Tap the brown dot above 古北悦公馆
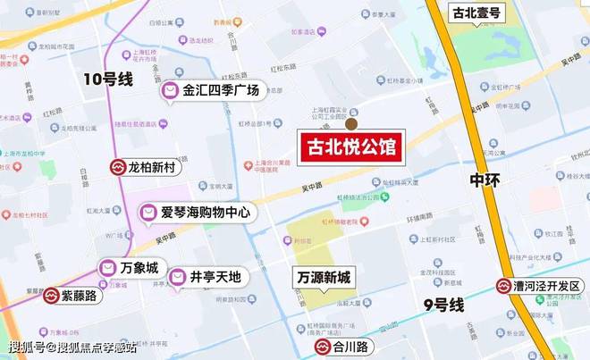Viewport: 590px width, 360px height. [351, 124]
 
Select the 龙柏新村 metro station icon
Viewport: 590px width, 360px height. [118, 167]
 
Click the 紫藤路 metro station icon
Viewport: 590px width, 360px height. [54, 295]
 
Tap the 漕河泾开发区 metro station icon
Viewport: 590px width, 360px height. [505, 287]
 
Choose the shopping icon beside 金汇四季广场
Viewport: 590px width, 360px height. [170, 90]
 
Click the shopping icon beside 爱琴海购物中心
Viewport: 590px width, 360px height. [148, 213]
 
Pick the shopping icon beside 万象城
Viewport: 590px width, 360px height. [108, 268]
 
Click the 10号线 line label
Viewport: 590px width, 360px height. [108, 80]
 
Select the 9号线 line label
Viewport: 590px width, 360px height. [443, 306]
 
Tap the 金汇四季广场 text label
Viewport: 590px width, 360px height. [221, 90]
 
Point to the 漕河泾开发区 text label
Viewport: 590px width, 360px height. [547, 287]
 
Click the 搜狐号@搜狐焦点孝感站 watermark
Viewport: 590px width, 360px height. [73, 347]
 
